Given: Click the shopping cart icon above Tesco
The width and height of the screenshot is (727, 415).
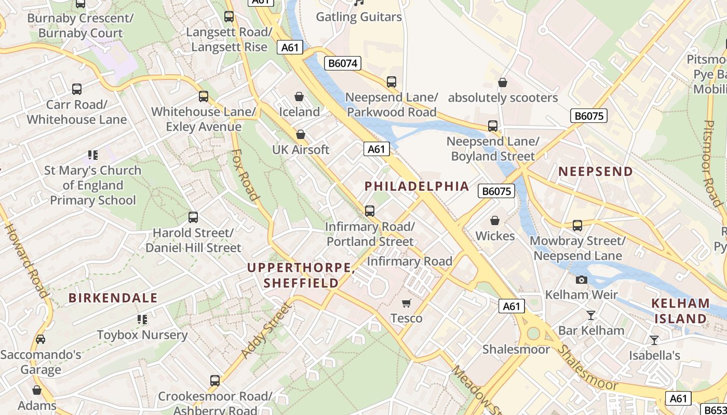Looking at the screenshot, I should point(407,303).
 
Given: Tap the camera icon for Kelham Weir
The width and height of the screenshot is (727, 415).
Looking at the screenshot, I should point(582,280).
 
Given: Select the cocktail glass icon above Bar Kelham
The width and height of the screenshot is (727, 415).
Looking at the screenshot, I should point(591,315).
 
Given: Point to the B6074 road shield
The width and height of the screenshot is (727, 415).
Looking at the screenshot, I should point(343,63).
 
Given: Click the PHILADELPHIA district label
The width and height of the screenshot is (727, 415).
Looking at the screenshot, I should point(416,186).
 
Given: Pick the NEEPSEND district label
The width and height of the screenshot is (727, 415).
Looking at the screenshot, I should point(596,172).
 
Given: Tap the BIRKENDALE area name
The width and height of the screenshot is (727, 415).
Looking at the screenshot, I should point(113,298).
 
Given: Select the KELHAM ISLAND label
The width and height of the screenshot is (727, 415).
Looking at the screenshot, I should point(680,311).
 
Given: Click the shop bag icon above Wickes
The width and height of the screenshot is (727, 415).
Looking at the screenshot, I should point(495,221).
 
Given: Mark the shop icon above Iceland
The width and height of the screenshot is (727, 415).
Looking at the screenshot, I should point(299,97).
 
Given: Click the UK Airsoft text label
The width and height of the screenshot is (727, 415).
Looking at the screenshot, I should point(301,150).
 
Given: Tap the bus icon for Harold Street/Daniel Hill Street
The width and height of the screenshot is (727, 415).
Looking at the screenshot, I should point(193,217).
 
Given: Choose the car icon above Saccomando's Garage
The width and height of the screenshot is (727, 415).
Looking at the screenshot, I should point(41,339).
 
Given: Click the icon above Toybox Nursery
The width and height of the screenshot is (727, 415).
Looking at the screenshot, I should point(142,320).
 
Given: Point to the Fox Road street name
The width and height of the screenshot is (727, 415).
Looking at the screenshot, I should point(245,175).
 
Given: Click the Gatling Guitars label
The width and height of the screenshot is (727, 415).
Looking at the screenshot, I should point(359,17).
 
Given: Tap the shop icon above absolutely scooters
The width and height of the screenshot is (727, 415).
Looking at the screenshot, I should point(502,82).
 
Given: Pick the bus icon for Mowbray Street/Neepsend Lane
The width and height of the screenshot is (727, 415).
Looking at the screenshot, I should point(577,226).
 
